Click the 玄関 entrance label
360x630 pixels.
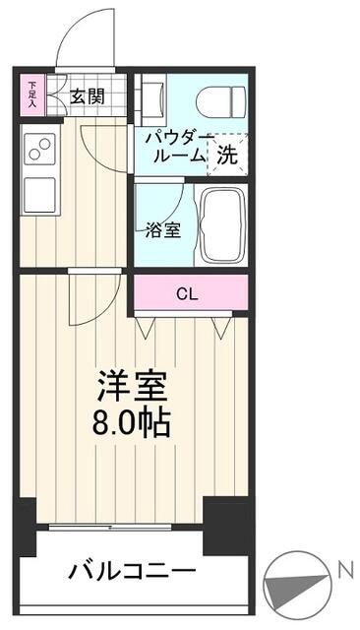tap(88, 96)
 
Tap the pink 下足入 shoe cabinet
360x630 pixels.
tap(32, 95)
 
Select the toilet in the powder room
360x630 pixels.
tap(220, 101)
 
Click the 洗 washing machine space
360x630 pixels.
tap(227, 155)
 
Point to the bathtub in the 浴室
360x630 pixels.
tap(222, 225)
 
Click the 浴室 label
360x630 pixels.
tap(162, 230)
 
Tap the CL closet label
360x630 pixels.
tap(188, 295)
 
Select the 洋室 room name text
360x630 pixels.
tap(132, 386)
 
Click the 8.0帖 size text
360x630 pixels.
tap(132, 423)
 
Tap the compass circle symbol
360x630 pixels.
tap(297, 586)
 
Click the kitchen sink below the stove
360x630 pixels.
tap(39, 195)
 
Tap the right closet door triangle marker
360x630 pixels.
tap(220, 326)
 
